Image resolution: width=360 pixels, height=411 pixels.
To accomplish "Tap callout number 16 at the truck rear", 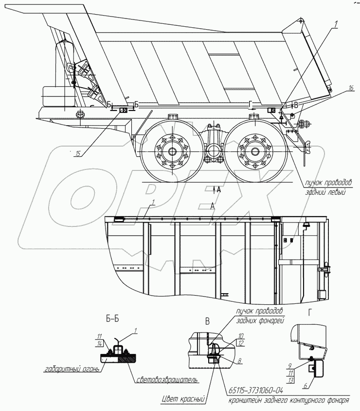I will tap(351, 89).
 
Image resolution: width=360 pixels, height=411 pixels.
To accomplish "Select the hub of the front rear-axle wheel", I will tap(173, 150).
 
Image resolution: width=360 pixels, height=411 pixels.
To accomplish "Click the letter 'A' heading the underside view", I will tap(212, 206).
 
